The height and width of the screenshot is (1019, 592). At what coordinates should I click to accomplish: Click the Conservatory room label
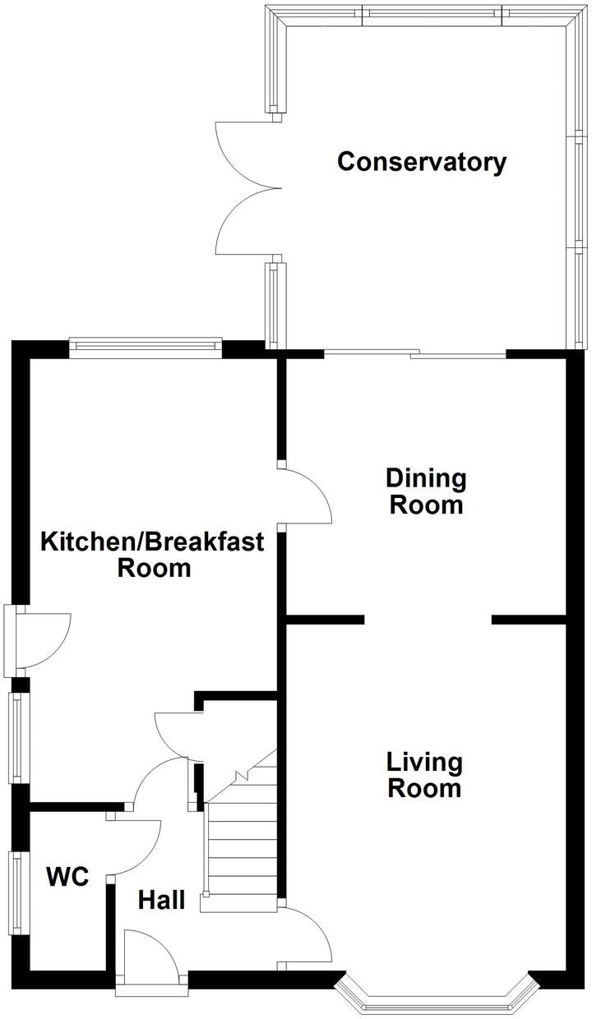[x=422, y=162]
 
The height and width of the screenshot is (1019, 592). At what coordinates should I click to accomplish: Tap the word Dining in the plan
[x=426, y=477]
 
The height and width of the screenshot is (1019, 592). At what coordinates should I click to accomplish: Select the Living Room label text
[x=424, y=775]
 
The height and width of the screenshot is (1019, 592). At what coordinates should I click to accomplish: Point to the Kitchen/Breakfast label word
[x=153, y=542]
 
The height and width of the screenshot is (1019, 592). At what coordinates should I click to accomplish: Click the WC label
[x=67, y=877]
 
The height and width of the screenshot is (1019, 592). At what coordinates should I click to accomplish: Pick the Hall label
[x=161, y=900]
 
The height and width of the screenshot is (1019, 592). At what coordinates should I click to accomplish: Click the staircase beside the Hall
[x=243, y=846]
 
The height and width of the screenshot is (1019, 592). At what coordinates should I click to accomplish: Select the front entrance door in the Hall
[x=150, y=957]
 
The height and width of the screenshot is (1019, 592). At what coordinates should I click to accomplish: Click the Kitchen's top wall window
[x=146, y=348]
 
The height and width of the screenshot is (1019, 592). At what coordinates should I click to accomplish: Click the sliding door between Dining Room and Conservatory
[x=415, y=355]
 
